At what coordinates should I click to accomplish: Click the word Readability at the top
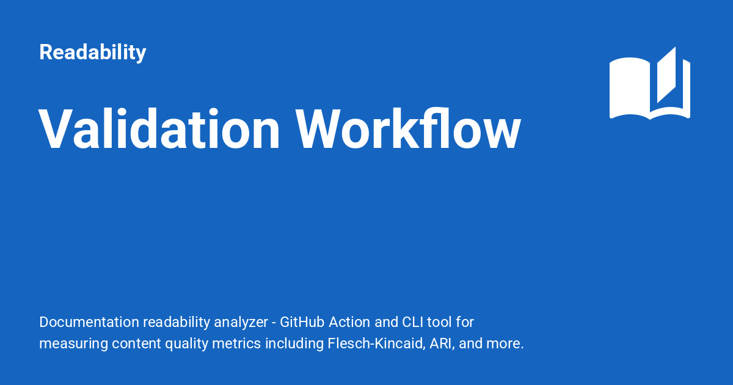(x=93, y=53)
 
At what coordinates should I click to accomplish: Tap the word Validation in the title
(x=159, y=129)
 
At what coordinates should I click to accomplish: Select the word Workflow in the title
(x=408, y=128)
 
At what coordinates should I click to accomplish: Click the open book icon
(x=650, y=84)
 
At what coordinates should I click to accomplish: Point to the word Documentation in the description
(x=89, y=322)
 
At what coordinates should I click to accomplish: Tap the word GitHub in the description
(x=302, y=322)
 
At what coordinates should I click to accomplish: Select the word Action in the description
(x=349, y=322)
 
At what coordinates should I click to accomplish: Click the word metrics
(x=236, y=343)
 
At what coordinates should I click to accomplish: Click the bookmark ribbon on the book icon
(x=666, y=75)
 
